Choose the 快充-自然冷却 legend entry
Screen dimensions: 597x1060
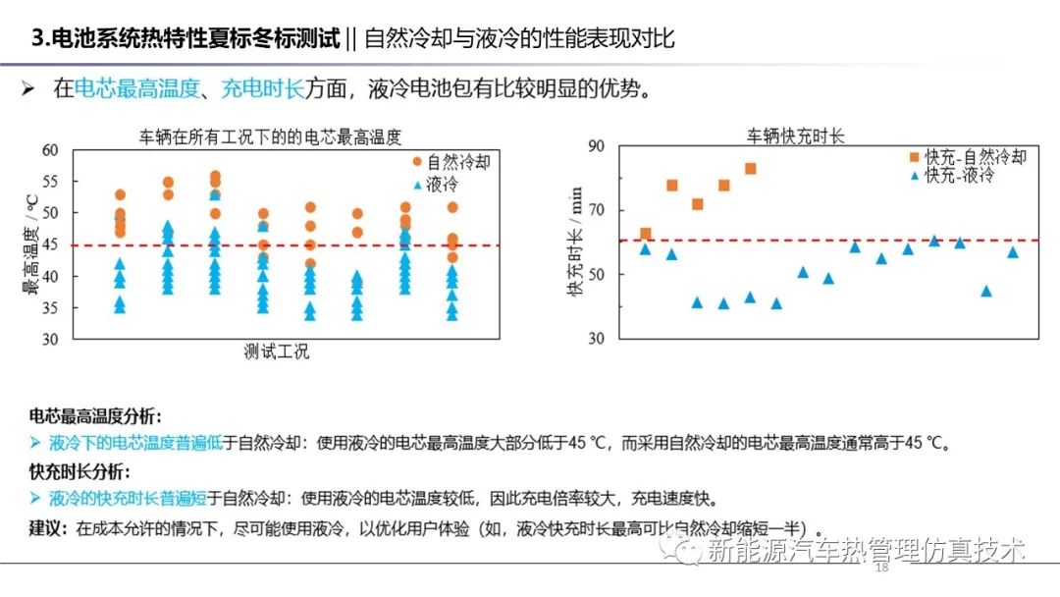click(968, 157)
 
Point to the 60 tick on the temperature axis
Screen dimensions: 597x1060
click(51, 150)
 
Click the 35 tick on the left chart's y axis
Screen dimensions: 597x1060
click(51, 307)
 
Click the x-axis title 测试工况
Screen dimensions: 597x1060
click(277, 352)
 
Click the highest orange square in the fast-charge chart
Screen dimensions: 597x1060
click(751, 169)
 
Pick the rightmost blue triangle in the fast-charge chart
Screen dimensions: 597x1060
click(1013, 252)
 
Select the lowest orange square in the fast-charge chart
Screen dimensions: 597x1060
click(645, 234)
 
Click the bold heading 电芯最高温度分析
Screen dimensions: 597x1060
click(95, 416)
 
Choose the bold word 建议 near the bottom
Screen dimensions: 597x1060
click(47, 527)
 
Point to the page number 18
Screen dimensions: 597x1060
click(880, 568)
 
